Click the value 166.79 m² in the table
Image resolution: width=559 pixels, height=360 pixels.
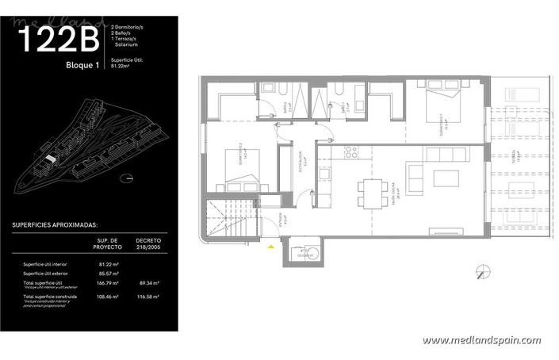point(108,283)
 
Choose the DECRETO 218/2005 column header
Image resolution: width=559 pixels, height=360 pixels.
point(147,242)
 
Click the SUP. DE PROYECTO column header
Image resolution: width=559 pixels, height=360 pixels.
point(108,242)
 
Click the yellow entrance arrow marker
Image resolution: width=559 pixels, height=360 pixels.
point(272,247)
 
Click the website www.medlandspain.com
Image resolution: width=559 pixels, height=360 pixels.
point(481,340)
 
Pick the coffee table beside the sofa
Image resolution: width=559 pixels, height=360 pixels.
point(449,176)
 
